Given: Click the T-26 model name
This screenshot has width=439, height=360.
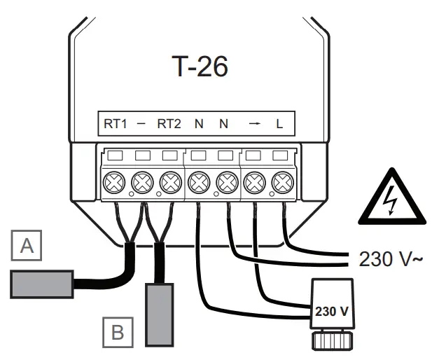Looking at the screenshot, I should pyautogui.click(x=200, y=67).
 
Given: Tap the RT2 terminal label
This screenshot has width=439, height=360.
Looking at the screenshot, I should pyautogui.click(x=169, y=124).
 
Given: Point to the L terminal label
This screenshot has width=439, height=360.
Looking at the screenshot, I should pyautogui.click(x=279, y=124).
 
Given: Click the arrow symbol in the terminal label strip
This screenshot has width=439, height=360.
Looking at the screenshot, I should pyautogui.click(x=253, y=124).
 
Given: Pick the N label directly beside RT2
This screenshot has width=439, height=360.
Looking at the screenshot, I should pyautogui.click(x=199, y=124).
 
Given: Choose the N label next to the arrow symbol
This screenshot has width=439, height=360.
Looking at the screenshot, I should pyautogui.click(x=224, y=124).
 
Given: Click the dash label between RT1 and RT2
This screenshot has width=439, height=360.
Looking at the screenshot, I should pyautogui.click(x=141, y=124).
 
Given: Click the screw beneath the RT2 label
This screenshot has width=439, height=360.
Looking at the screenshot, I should pyautogui.click(x=170, y=184).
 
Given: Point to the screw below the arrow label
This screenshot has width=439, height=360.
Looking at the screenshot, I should pyautogui.click(x=254, y=184).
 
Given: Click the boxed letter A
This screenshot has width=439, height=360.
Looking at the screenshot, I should pyautogui.click(x=27, y=246).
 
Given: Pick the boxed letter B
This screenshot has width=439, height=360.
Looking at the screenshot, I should pyautogui.click(x=118, y=331).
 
